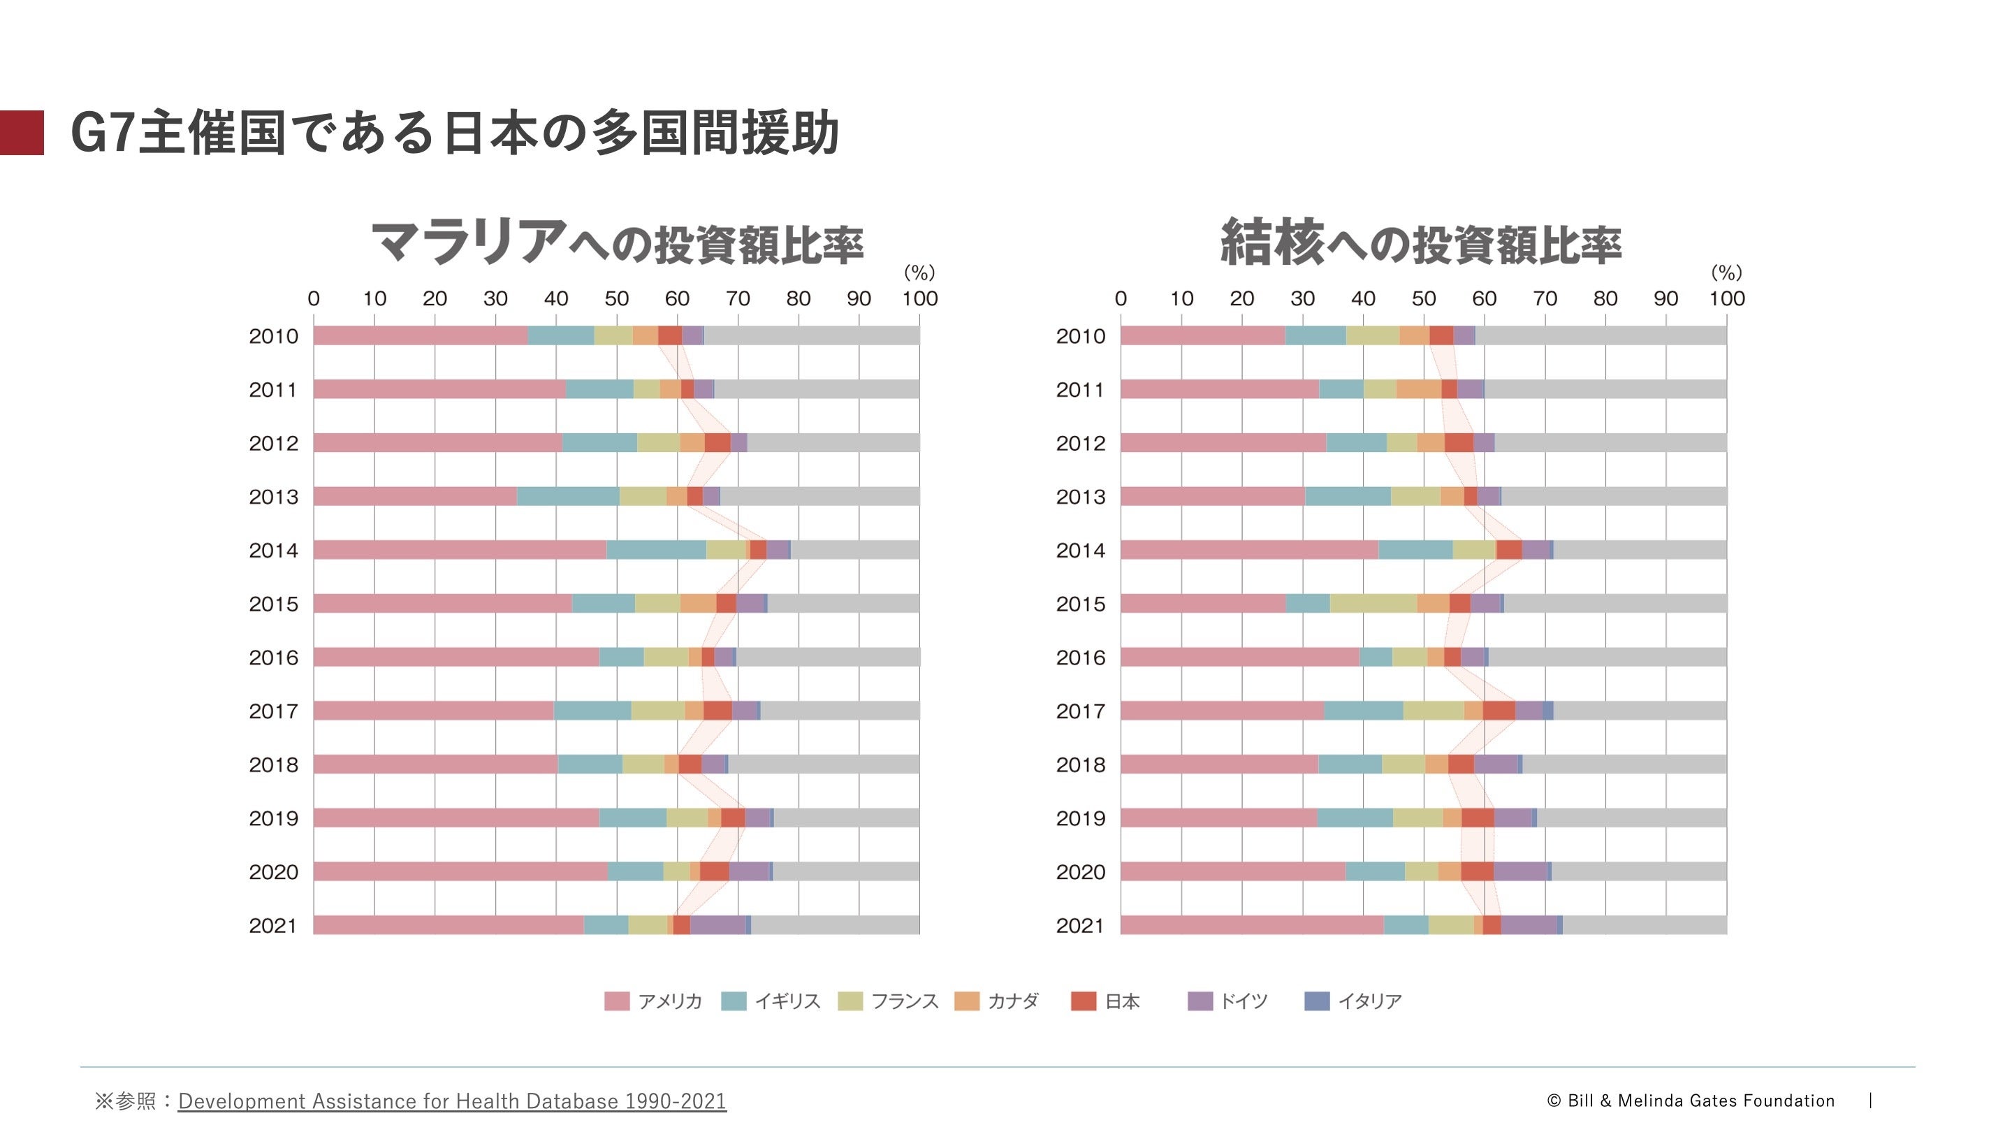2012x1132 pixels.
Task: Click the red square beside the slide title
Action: pos(22,133)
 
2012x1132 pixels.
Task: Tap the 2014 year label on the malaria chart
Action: pos(273,551)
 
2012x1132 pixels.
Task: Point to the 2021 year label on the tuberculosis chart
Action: pos(1080,926)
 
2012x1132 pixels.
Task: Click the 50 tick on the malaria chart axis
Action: pos(616,298)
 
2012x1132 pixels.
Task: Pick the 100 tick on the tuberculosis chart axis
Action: pos(1726,298)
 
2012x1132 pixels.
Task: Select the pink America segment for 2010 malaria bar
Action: pos(420,336)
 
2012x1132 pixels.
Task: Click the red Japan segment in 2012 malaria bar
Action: pos(717,443)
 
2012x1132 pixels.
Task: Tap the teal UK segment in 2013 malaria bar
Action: pos(568,497)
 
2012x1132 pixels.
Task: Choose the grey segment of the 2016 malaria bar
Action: pos(827,658)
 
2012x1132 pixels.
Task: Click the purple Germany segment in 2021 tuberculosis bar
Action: pos(1529,926)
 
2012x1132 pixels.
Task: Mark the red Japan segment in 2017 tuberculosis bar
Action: pos(1498,711)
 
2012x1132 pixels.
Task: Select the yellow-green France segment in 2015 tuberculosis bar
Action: pos(1373,604)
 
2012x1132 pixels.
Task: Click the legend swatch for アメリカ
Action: pos(616,1001)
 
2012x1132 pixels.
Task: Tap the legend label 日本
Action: pos(1123,1001)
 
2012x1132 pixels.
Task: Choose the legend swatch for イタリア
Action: pos(1317,1001)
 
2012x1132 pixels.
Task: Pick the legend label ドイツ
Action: pos(1244,1001)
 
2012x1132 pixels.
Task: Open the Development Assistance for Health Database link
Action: pos(452,1101)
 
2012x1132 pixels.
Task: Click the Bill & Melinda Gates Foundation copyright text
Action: pos(1690,1101)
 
